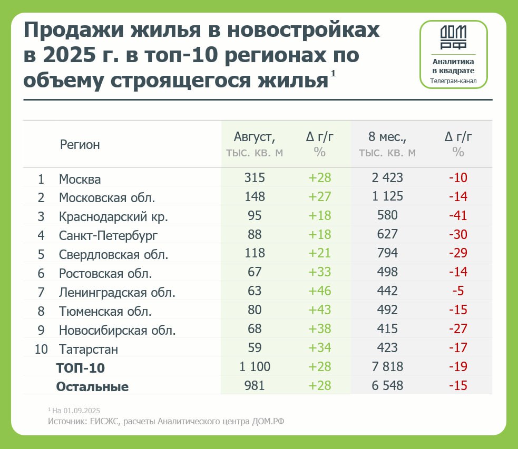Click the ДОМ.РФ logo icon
click(453, 37)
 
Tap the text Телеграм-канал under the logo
click(453, 81)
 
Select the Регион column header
click(80, 145)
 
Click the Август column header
click(255, 138)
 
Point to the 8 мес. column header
click(387, 138)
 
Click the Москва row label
click(80, 179)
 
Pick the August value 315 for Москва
click(255, 178)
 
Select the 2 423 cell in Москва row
click(387, 178)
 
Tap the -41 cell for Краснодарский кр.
click(458, 215)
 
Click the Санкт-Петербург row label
click(108, 235)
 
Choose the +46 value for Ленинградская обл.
click(320, 291)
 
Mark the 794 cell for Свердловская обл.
click(387, 253)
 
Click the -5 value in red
click(458, 291)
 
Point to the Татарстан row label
click(89, 349)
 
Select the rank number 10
click(41, 349)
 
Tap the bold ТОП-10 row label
click(84, 367)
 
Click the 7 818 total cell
click(387, 367)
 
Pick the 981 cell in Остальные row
click(255, 385)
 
